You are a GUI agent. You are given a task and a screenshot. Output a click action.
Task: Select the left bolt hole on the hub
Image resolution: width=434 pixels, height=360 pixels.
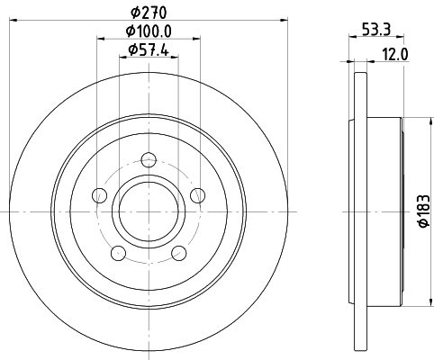[x=101, y=195]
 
